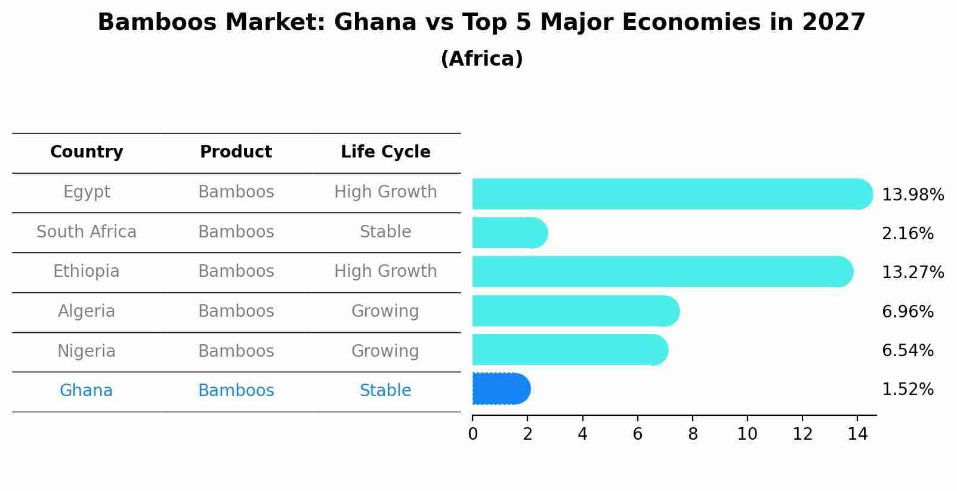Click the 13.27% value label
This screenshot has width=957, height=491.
point(912,273)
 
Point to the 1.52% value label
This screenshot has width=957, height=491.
point(907,390)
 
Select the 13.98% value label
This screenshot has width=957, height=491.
point(912,195)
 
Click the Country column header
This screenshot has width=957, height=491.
point(87,152)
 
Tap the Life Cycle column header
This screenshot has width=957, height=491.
point(385,152)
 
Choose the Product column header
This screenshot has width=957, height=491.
point(236,152)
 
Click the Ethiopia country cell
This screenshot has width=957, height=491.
point(87,271)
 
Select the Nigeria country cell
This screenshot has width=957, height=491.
point(87,351)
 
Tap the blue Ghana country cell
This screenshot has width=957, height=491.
point(87,391)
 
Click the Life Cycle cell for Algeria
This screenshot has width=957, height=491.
point(385,311)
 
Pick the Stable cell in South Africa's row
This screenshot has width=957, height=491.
point(385,232)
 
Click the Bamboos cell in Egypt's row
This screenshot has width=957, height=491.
point(236,192)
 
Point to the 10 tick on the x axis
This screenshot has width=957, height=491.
point(747,434)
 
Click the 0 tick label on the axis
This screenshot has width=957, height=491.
point(473,434)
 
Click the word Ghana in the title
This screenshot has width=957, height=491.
point(375,23)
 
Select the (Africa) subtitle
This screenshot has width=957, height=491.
point(481,59)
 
